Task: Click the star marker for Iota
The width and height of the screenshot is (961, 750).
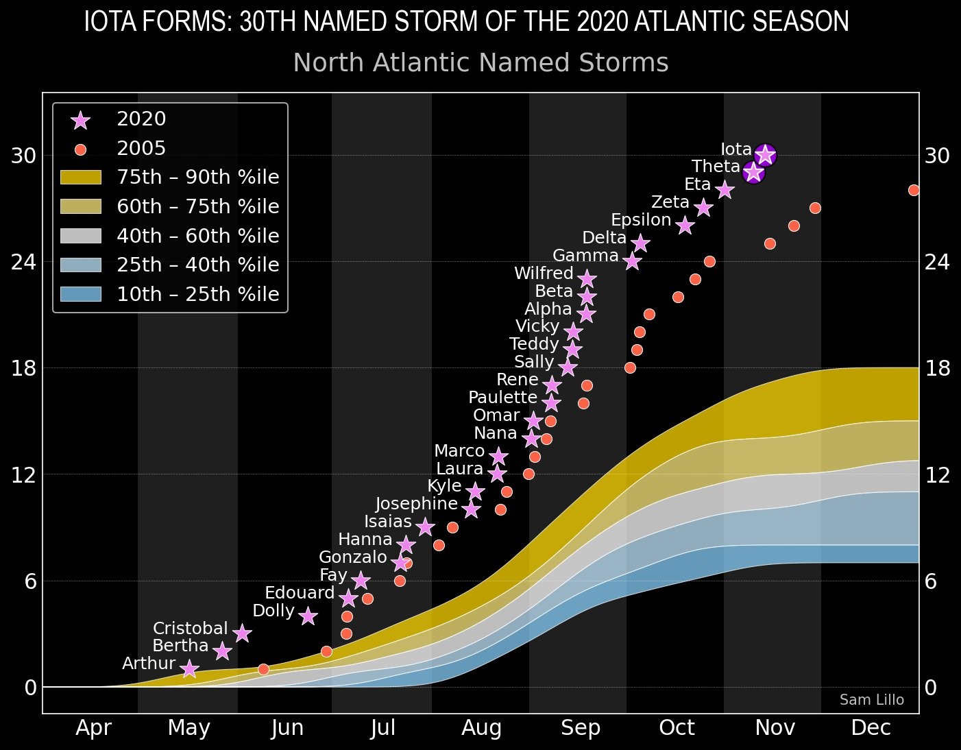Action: coord(765,155)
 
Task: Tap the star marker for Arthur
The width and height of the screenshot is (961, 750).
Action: coord(190,668)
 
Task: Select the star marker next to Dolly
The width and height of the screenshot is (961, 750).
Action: coord(308,616)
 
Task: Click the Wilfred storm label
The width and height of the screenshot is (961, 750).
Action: coord(544,274)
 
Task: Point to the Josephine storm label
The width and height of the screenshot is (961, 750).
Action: coord(416,504)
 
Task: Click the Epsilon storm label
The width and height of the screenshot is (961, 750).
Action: coord(640,220)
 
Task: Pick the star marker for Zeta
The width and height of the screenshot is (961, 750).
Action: coord(703,207)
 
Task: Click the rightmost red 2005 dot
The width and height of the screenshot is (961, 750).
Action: coord(914,190)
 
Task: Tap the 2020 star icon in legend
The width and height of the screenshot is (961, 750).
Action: coord(80,120)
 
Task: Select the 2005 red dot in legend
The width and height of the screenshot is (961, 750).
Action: coord(80,149)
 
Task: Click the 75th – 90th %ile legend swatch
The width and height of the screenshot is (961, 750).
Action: coord(80,178)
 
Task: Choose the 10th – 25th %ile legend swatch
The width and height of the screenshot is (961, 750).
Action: coord(80,294)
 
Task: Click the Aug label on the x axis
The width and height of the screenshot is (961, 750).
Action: coord(481,728)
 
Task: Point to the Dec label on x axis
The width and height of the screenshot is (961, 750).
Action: coord(871,728)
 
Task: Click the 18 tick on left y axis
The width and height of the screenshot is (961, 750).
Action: coord(23,368)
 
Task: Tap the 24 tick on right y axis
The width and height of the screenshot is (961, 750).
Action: coord(937,262)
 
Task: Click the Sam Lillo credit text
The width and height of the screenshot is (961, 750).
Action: coord(871,700)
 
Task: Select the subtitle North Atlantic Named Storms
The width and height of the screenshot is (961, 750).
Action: coord(480,63)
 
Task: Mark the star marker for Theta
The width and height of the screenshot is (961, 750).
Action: coord(753,172)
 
